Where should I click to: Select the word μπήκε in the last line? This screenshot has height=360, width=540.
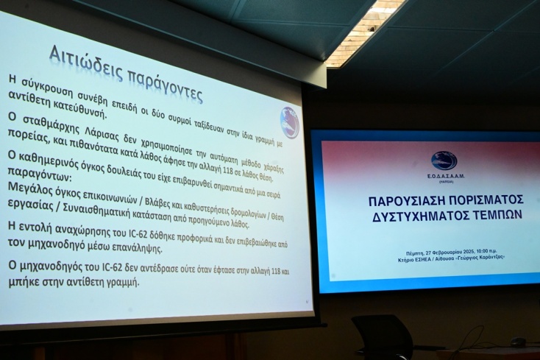pos(24,281)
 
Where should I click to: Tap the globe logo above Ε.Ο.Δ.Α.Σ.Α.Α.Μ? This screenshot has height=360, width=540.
pos(444,160)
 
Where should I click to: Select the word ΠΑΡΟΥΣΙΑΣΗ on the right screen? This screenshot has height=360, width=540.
pos(404,200)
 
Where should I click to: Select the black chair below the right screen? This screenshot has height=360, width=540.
pos(384,337)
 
